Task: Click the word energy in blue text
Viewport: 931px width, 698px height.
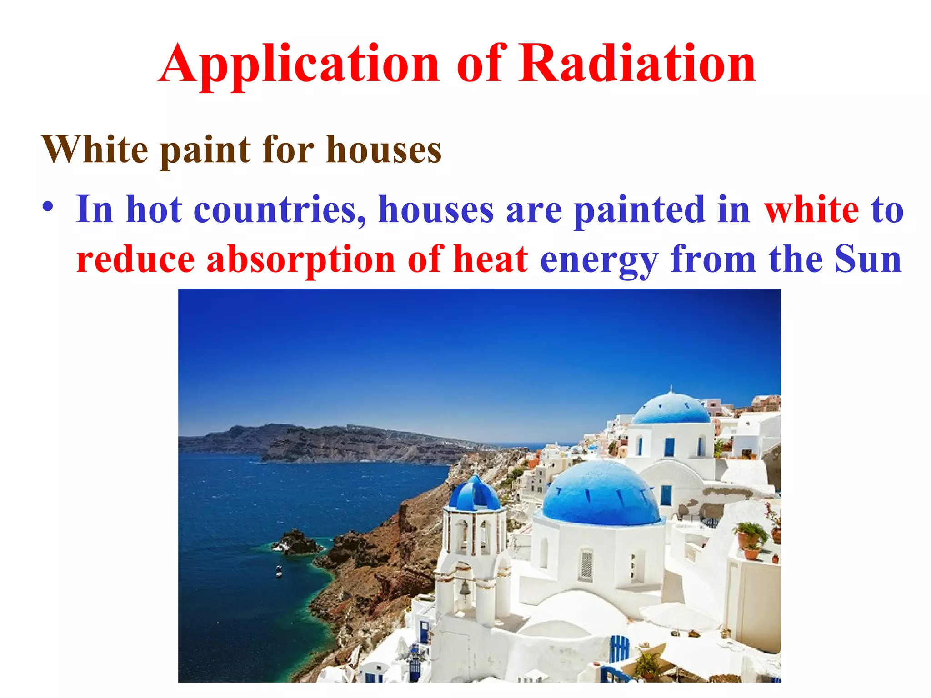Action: point(599,260)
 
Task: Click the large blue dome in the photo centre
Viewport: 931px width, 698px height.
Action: point(600,493)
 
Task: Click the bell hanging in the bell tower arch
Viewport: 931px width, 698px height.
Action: point(465,589)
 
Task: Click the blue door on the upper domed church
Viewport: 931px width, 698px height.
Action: point(669,447)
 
